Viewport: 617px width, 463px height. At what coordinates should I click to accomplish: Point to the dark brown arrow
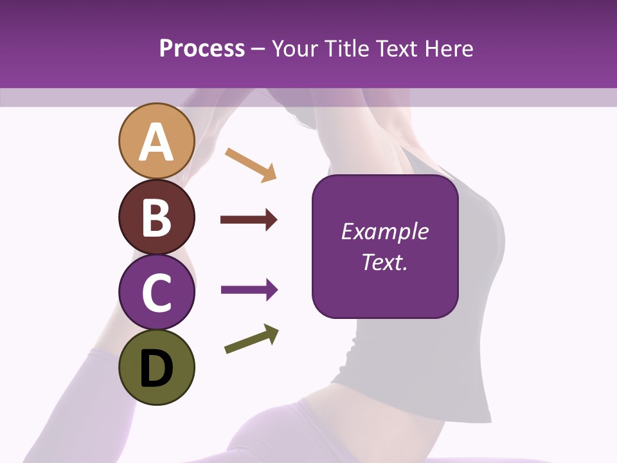pos(249,220)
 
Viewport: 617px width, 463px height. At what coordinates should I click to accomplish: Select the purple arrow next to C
pos(249,290)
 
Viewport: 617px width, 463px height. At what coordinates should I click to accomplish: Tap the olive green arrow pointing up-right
pos(252,339)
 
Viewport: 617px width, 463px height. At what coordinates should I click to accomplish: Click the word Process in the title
pos(202,48)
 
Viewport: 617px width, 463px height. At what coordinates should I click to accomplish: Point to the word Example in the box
pos(384,232)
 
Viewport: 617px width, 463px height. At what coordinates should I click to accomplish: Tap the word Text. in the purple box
pos(384,262)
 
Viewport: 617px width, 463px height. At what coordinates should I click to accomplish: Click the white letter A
pos(156,143)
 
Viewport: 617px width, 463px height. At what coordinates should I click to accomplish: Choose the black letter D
pos(156,369)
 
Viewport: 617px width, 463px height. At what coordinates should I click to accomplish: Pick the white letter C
pos(156,293)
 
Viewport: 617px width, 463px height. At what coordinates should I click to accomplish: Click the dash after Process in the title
pos(258,50)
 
